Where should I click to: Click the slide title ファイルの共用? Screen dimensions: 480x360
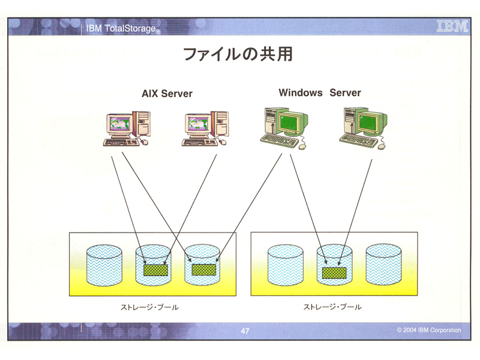[x=238, y=54]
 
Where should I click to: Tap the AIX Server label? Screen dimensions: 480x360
[x=167, y=94]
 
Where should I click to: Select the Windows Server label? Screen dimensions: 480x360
[x=320, y=92]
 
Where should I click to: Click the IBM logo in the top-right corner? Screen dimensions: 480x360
[x=452, y=26]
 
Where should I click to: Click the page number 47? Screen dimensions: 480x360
[x=245, y=331]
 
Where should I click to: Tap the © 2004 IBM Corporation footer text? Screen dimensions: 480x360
[x=429, y=330]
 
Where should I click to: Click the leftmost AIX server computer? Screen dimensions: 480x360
[x=127, y=128]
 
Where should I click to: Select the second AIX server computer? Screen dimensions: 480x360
[x=205, y=128]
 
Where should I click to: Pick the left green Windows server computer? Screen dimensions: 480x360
[x=284, y=128]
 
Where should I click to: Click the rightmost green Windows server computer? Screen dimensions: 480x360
[x=363, y=128]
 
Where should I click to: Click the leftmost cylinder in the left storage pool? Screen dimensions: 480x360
[x=104, y=265]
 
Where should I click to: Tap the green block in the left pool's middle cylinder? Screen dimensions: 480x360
[x=156, y=270]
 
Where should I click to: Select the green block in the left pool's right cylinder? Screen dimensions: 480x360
[x=204, y=269]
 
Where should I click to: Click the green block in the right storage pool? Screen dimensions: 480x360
[x=334, y=273]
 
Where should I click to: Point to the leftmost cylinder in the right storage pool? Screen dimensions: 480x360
[x=286, y=265]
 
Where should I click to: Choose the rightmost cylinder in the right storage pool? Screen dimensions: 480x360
[x=383, y=265]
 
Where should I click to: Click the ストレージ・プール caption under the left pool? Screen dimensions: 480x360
[x=149, y=307]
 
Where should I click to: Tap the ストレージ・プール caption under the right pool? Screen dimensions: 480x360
[x=332, y=307]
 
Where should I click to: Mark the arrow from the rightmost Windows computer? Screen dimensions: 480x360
[x=355, y=212]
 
